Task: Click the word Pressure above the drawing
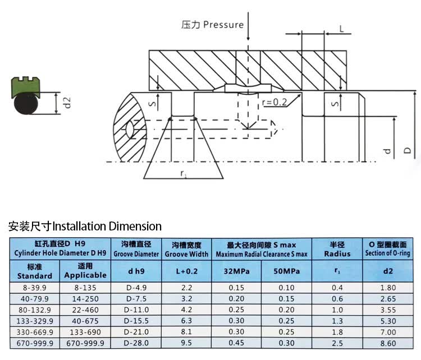[223, 25]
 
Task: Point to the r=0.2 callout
[274, 102]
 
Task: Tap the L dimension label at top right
[341, 29]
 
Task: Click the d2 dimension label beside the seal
[67, 103]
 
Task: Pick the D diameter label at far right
[408, 150]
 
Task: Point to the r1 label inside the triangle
[184, 174]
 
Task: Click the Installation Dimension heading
[85, 227]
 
